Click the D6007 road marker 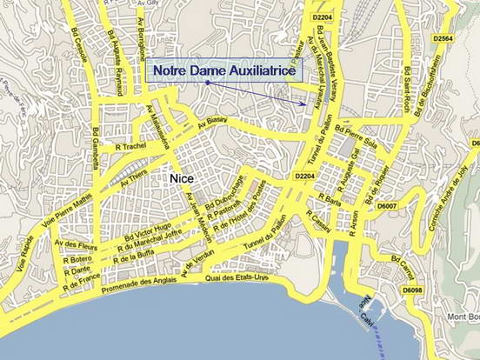coord(387,206)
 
